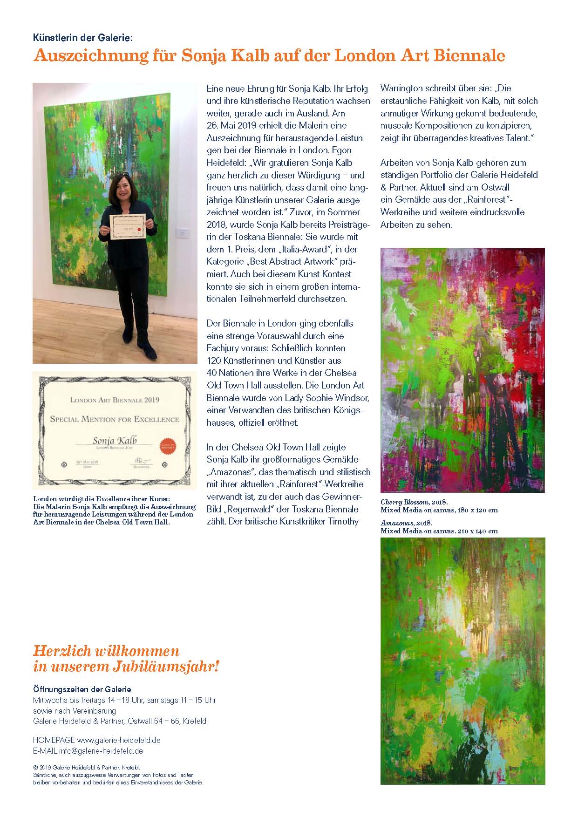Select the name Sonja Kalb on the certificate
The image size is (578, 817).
115,440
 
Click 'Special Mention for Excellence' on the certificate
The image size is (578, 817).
115,419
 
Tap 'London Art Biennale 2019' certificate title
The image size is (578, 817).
115,400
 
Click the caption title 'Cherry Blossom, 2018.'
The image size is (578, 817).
414,502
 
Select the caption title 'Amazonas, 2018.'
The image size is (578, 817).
407,523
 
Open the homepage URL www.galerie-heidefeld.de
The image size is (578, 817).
119,740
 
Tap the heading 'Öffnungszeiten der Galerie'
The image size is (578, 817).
82,689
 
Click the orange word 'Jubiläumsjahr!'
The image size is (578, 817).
166,667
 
